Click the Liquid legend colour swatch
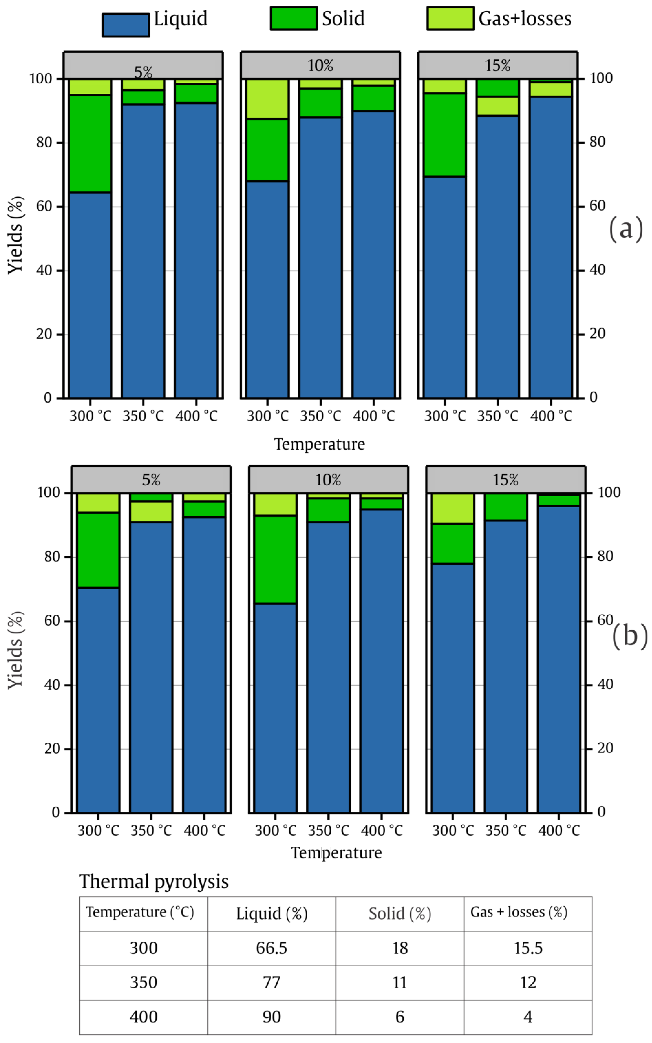pyautogui.click(x=125, y=25)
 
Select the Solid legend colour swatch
pyautogui.click(x=294, y=19)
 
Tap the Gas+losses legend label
pyautogui.click(x=525, y=19)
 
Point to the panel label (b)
pyautogui.click(x=630, y=635)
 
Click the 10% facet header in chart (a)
pyautogui.click(x=320, y=66)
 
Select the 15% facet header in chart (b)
pyautogui.click(x=505, y=480)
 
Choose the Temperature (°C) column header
pyautogui.click(x=140, y=912)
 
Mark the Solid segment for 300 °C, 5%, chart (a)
pyautogui.click(x=90, y=144)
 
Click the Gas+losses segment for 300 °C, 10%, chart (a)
pyautogui.click(x=267, y=99)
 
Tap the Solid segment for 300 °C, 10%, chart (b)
pyautogui.click(x=275, y=559)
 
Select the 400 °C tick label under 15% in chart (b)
pyautogui.click(x=559, y=830)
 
